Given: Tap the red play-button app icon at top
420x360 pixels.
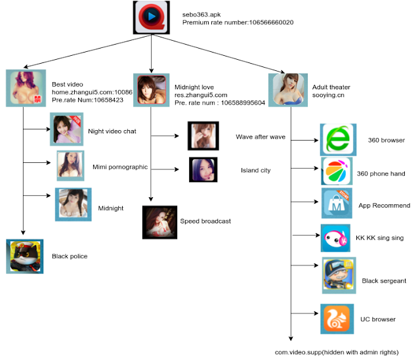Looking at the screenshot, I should coord(151,18).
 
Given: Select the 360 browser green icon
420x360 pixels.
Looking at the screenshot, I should coord(337,139).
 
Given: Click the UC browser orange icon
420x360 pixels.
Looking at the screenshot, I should coord(337,319).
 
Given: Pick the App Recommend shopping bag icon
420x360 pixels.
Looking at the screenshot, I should coord(337,203).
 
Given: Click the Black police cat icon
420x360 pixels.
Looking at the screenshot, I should coord(24,256).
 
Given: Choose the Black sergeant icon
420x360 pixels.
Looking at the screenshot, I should coord(339,275).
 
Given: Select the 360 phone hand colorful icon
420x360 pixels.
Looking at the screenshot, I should coord(337,171).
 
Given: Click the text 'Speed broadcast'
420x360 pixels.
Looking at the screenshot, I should coord(205,221).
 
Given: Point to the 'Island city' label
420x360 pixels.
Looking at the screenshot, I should coord(255,171).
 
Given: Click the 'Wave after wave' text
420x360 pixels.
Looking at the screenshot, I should coord(261,137).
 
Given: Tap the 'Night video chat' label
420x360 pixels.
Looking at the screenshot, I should coord(112,131).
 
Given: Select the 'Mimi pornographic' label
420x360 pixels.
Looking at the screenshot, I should coord(120,167).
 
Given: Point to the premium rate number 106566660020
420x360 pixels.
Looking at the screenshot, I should coord(237,22).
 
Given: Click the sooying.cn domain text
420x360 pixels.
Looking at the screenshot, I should coord(328,95).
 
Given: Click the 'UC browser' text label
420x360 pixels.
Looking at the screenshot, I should coord(378,319).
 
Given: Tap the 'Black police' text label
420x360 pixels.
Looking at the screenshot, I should coord(70,256).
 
